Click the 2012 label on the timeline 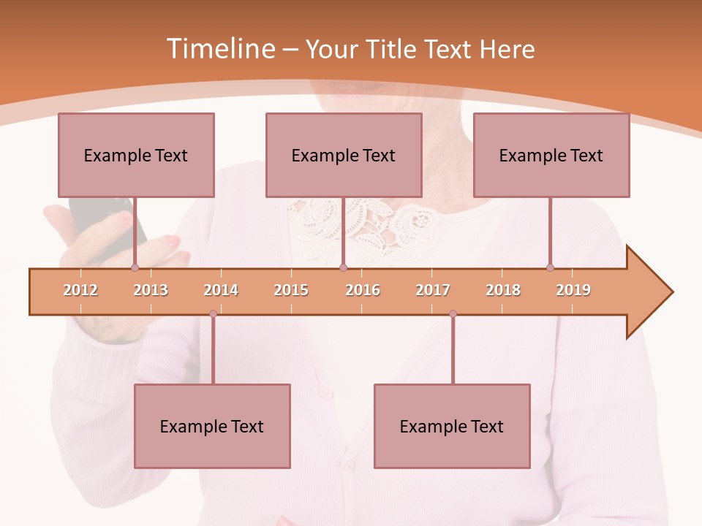[80, 290]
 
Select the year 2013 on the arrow [151, 290]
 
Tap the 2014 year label [221, 290]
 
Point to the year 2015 [291, 290]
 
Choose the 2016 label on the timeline [363, 290]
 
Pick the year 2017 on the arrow [433, 290]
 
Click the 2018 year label [503, 290]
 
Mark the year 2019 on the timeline [573, 290]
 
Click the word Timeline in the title [219, 49]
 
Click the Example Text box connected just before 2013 [136, 155]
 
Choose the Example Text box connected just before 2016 [344, 155]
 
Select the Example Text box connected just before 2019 [551, 155]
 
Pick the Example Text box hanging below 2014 [212, 426]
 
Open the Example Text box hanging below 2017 [452, 426]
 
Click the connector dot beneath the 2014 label [213, 313]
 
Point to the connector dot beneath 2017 [453, 313]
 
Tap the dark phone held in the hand [110, 226]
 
